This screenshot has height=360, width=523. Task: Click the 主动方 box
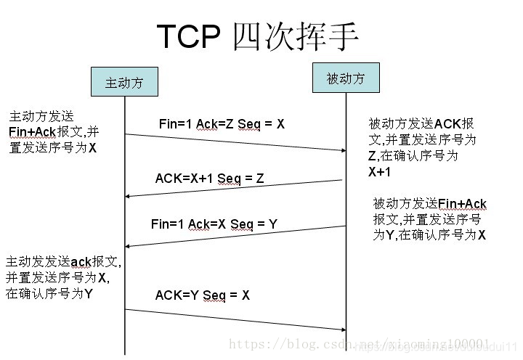coord(123,82)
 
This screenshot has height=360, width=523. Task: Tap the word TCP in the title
coord(191,36)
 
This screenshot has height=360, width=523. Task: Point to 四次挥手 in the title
coord(296,36)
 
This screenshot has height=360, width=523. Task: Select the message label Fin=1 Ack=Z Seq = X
coord(222,124)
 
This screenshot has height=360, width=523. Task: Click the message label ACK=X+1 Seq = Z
coord(209,179)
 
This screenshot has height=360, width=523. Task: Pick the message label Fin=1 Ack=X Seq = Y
coord(214,224)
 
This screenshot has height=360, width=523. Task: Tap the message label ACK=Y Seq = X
coord(202,295)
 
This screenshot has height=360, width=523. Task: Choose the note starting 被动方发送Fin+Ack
coord(429,218)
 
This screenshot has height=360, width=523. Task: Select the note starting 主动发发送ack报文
coord(62,277)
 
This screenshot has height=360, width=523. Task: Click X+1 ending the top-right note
coord(379,172)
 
